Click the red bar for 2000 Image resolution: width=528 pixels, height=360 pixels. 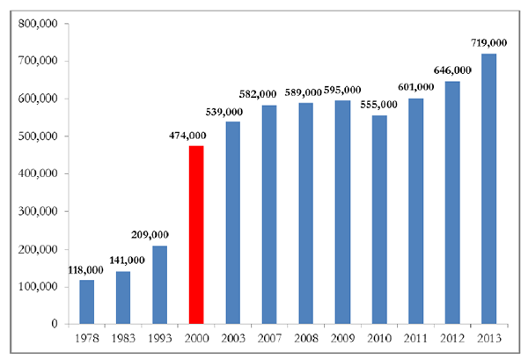196,235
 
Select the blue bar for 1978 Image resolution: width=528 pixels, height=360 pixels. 86,302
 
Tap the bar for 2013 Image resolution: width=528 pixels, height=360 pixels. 488,189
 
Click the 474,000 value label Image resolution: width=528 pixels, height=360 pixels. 187,136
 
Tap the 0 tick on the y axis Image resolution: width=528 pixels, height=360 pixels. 54,324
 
